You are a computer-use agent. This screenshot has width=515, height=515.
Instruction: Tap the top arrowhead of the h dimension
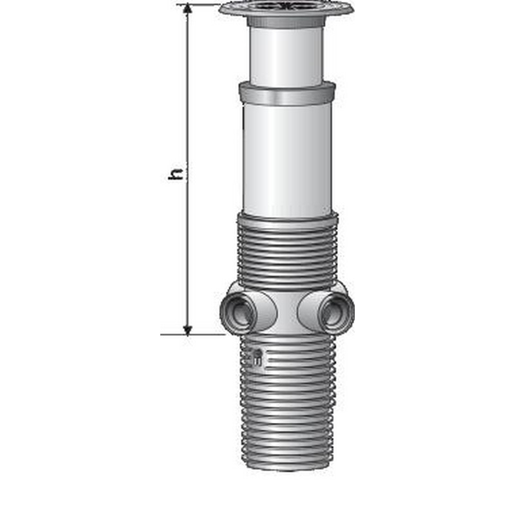click(x=187, y=9)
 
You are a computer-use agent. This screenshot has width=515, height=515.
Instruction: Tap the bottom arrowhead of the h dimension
click(x=187, y=329)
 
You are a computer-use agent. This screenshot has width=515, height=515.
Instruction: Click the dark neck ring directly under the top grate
click(x=286, y=22)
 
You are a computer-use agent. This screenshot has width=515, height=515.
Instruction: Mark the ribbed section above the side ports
click(x=286, y=251)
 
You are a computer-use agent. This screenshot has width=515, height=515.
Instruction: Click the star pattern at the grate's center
click(x=286, y=6)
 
